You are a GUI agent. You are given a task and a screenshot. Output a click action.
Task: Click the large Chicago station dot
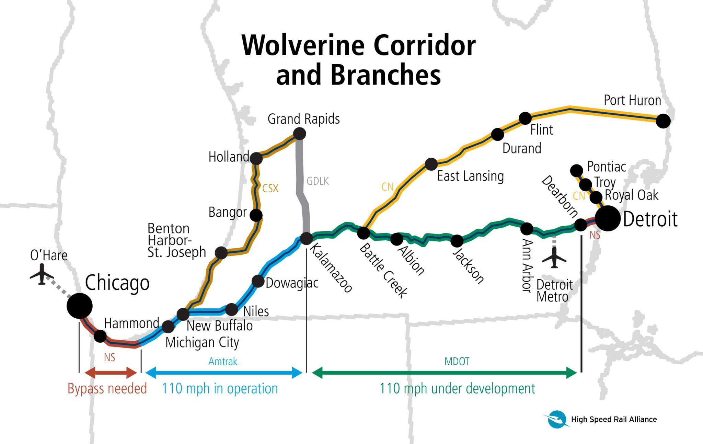[80, 306]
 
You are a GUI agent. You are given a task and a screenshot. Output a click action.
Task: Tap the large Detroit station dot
[608, 218]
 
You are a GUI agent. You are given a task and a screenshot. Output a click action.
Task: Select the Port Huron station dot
[663, 121]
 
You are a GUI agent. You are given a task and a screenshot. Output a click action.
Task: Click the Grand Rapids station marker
[300, 134]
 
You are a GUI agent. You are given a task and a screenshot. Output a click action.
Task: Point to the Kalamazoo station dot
[306, 238]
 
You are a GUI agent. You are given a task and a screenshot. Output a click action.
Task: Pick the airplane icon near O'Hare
[42, 274]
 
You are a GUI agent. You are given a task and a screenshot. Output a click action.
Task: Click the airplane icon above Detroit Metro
[554, 258]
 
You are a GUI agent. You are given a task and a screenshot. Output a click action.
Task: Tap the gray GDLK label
[318, 181]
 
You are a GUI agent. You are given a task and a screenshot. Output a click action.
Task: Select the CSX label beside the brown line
[270, 188]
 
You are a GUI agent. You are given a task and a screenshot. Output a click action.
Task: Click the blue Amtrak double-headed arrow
[223, 373]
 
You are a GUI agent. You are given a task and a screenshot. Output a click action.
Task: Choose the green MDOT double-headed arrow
[444, 373]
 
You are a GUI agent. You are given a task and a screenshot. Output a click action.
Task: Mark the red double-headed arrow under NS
[111, 373]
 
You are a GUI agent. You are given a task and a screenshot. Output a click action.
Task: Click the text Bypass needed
[107, 388]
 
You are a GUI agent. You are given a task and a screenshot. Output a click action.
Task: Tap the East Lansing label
[470, 176]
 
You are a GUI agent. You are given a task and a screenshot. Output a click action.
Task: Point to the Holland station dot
[256, 158]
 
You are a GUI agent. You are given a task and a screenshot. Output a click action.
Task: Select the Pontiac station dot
[576, 170]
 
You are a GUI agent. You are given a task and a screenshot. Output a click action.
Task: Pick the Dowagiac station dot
[258, 281]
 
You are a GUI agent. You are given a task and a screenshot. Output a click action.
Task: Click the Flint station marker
[525, 118]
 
